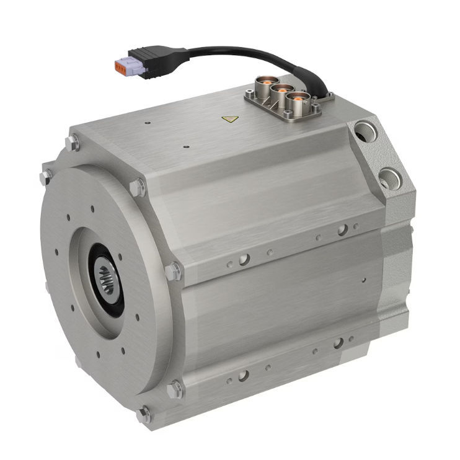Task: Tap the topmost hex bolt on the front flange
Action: pos(73,144)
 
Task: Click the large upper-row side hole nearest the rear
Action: pos(342,230)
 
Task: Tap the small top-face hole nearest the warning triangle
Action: pos(186,148)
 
